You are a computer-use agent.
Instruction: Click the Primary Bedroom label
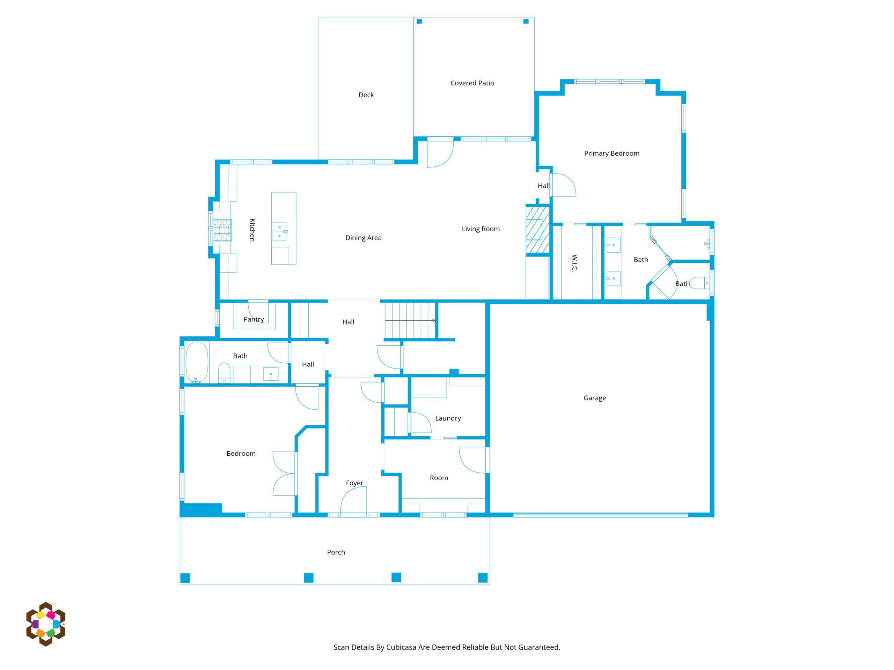tap(611, 154)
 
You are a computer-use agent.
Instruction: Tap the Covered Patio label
tap(472, 83)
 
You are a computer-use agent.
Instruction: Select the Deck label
tap(366, 95)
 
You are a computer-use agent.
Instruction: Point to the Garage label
tap(594, 398)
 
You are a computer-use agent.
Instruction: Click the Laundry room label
tap(448, 418)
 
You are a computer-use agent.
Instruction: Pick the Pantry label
tap(254, 319)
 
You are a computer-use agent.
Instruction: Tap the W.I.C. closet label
tap(575, 263)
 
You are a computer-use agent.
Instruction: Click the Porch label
tap(336, 552)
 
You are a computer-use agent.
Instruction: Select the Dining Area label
tap(363, 238)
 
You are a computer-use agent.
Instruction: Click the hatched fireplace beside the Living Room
tap(537, 230)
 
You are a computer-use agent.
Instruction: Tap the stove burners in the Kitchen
tap(222, 231)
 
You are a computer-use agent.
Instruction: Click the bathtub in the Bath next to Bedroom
tap(197, 363)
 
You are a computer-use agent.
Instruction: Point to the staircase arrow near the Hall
tap(410, 321)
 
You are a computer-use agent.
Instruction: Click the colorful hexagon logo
tap(46, 624)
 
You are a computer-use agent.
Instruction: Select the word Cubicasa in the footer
tap(401, 647)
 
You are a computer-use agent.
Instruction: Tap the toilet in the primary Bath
tap(699, 283)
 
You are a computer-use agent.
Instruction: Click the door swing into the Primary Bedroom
tap(563, 185)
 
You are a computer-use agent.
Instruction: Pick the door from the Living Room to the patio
tap(440, 152)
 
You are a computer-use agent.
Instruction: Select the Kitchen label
tap(252, 230)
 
